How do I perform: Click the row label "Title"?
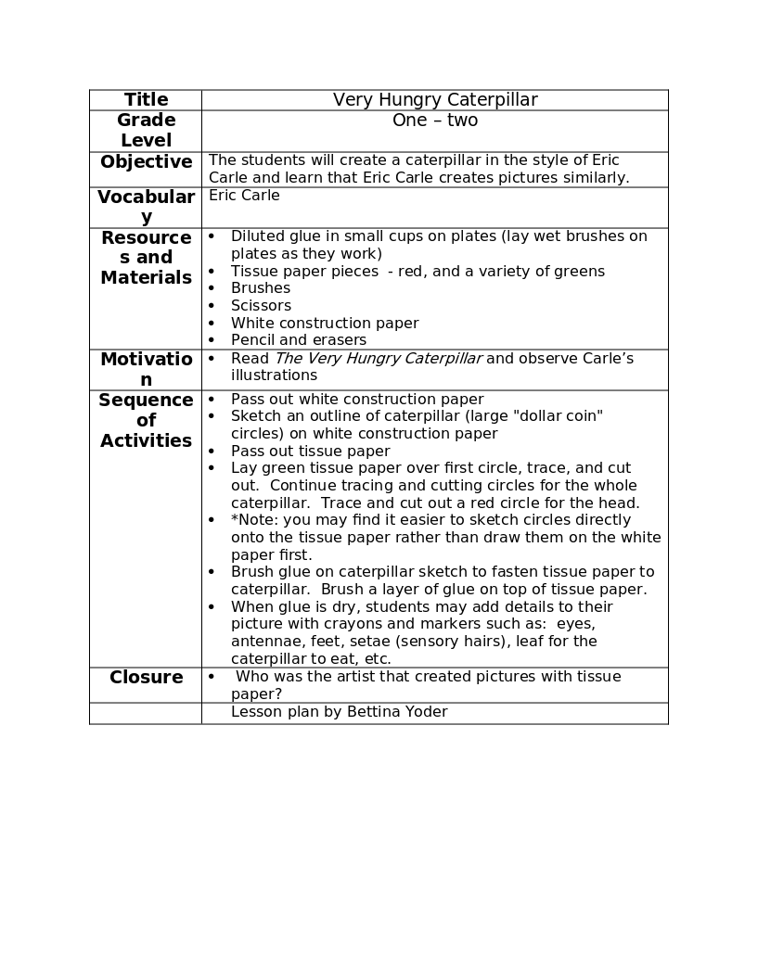(x=146, y=100)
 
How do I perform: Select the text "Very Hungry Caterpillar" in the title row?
(x=435, y=100)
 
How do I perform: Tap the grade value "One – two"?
(x=435, y=121)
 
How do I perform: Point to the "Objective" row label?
(x=146, y=162)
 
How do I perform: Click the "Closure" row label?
(x=146, y=678)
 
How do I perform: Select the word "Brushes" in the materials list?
(x=261, y=288)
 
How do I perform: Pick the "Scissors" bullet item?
(x=261, y=306)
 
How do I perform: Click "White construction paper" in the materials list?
(x=325, y=324)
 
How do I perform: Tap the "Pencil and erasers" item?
(x=299, y=340)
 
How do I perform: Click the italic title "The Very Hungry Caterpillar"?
(x=379, y=359)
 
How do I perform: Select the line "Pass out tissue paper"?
(x=311, y=452)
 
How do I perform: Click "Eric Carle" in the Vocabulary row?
(x=244, y=196)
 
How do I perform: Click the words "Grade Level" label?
(x=146, y=131)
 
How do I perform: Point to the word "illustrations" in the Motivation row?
(x=274, y=375)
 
